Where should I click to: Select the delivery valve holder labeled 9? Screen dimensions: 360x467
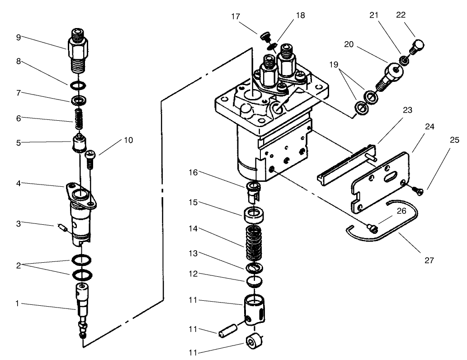click(79, 50)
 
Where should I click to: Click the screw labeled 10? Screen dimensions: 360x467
click(90, 159)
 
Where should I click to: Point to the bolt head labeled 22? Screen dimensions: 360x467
click(418, 46)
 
